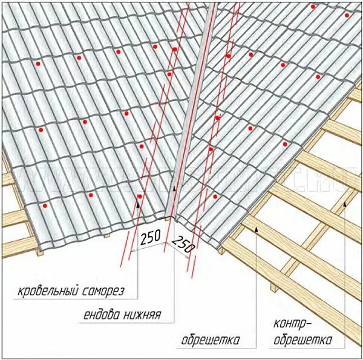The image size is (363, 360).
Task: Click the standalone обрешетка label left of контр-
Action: (x=210, y=340)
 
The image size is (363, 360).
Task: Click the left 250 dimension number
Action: (x=150, y=238)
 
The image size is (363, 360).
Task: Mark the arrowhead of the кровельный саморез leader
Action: (x=138, y=204)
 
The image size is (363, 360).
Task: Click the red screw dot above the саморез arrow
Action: (x=140, y=197)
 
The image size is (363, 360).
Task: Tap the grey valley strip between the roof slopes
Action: (x=194, y=109)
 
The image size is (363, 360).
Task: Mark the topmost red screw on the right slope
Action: (x=313, y=7)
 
